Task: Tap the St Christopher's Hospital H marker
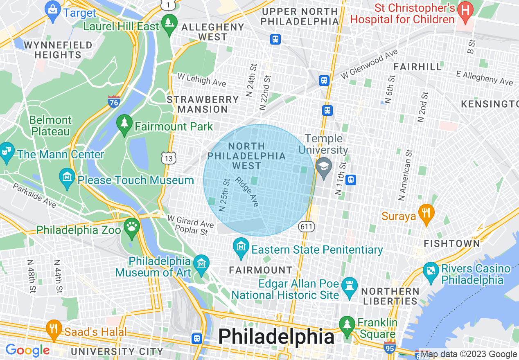465,9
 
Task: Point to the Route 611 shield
306,226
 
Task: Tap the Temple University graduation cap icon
324,166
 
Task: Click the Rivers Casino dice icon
431,271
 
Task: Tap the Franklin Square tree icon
347,324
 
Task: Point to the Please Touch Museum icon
67,177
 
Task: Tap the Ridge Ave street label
247,191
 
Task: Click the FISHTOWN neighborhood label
451,243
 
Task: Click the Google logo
27,350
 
